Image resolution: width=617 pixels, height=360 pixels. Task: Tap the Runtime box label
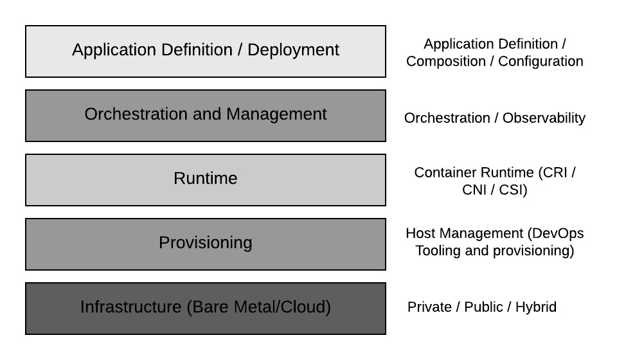tap(206, 179)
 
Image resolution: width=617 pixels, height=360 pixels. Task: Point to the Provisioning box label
tap(206, 243)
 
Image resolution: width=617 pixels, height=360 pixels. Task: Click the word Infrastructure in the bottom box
tap(130, 307)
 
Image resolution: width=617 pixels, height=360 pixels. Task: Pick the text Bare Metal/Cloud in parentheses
tap(258, 307)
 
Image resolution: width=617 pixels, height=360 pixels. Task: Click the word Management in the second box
tap(276, 114)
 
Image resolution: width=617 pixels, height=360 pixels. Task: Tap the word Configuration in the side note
tap(541, 62)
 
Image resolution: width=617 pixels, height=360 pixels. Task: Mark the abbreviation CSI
tap(513, 190)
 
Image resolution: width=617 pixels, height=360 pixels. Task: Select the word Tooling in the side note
tap(438, 251)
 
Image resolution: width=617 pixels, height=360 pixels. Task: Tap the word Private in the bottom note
tap(429, 307)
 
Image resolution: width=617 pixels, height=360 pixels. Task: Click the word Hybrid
tap(536, 307)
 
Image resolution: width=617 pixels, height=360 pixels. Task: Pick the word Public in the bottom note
tap(483, 307)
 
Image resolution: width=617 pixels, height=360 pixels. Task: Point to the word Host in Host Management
tap(420, 233)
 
